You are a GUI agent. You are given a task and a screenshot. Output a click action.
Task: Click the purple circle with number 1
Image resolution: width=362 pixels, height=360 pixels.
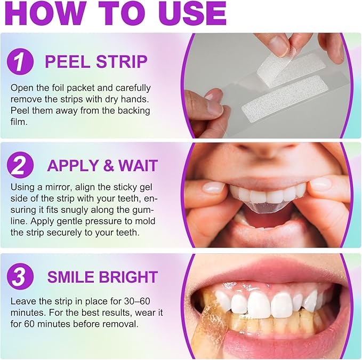click(x=20, y=61)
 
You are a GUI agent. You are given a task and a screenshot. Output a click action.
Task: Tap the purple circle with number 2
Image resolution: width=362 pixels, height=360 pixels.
click(x=20, y=165)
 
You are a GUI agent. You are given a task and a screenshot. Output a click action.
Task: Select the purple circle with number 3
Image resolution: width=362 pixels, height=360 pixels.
click(x=20, y=277)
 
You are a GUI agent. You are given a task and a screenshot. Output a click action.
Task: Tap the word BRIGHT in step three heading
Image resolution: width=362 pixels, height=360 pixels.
click(x=130, y=277)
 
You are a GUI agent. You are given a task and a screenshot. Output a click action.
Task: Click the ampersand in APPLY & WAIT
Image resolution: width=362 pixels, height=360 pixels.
click(x=108, y=165)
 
